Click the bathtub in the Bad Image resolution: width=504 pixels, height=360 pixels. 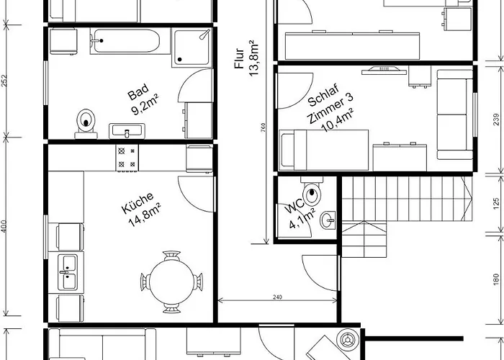pyautogui.click(x=125, y=41)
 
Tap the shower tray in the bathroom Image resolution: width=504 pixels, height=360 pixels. pyautogui.click(x=192, y=48)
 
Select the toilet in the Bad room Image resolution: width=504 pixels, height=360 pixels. pyautogui.click(x=86, y=124)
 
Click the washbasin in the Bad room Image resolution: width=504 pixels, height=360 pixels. pyautogui.click(x=127, y=131)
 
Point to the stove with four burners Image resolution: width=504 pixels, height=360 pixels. pyautogui.click(x=127, y=158)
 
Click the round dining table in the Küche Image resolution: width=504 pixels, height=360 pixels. pyautogui.click(x=171, y=282)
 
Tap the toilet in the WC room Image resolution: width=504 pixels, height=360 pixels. pyautogui.click(x=312, y=192)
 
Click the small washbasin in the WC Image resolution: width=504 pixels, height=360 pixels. pyautogui.click(x=328, y=220)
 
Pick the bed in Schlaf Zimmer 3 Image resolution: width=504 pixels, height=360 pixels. pyautogui.click(x=324, y=150)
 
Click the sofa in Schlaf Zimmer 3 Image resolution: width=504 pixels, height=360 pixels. pyautogui.click(x=455, y=114)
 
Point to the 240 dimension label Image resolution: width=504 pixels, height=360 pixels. pyautogui.click(x=277, y=297)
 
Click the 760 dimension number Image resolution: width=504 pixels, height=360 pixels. pyautogui.click(x=264, y=128)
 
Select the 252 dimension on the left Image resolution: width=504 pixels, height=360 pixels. pyautogui.click(x=4, y=81)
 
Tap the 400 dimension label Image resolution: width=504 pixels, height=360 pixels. pyautogui.click(x=4, y=226)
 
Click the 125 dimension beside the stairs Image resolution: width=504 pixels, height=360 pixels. pyautogui.click(x=496, y=204)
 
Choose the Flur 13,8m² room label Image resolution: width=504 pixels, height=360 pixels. pyautogui.click(x=247, y=58)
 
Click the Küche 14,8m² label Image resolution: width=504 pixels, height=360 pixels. pyautogui.click(x=141, y=210)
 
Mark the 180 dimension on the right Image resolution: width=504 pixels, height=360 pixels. pyautogui.click(x=496, y=279)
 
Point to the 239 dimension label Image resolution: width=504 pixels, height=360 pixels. pyautogui.click(x=496, y=120)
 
